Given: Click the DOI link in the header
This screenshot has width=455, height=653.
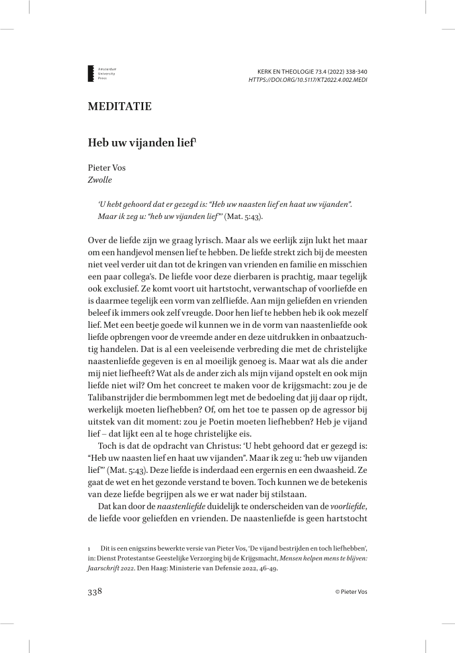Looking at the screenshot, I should point(308,79).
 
